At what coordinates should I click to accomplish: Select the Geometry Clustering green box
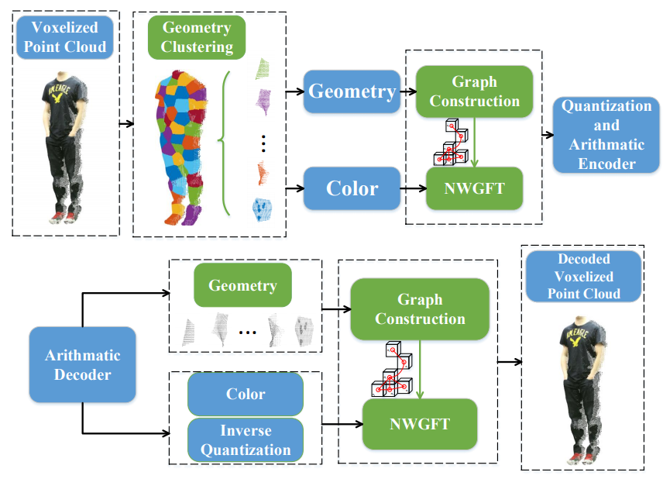pyautogui.click(x=197, y=37)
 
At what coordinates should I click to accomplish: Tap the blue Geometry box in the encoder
pyautogui.click(x=352, y=91)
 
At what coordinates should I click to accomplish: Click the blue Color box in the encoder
pyautogui.click(x=352, y=188)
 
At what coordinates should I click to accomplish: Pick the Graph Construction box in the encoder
pyautogui.click(x=474, y=91)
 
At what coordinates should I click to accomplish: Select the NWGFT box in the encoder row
pyautogui.click(x=474, y=188)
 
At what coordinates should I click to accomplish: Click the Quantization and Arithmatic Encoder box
pyautogui.click(x=606, y=134)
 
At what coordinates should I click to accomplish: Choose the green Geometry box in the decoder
pyautogui.click(x=242, y=286)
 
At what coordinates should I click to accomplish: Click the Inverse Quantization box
pyautogui.click(x=245, y=439)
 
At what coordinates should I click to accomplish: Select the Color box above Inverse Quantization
pyautogui.click(x=245, y=394)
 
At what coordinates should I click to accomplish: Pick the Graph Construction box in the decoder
pyautogui.click(x=420, y=308)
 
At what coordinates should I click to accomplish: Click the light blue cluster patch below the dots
pyautogui.click(x=263, y=209)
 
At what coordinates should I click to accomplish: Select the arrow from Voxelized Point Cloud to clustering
pyautogui.click(x=125, y=122)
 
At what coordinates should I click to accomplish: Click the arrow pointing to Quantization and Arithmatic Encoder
pyautogui.click(x=547, y=134)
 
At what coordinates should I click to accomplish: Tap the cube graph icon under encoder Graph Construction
pyautogui.click(x=452, y=143)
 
